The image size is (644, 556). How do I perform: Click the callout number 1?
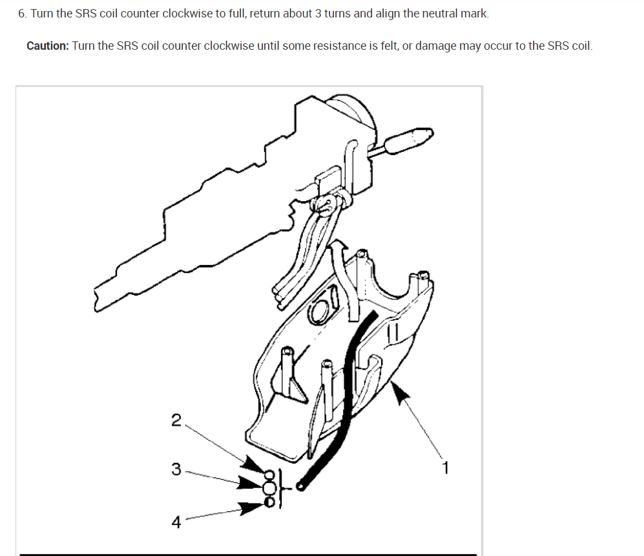(446, 467)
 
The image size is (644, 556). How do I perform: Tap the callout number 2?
(176, 420)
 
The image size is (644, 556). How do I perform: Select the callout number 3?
(176, 469)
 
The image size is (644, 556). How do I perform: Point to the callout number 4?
(176, 522)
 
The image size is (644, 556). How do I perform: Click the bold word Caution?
(48, 46)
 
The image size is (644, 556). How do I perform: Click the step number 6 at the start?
(22, 14)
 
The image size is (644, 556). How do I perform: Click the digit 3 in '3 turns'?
(318, 14)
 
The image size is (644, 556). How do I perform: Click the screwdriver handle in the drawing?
(410, 140)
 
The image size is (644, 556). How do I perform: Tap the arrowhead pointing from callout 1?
(399, 392)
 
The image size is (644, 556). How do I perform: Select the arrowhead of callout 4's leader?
(251, 508)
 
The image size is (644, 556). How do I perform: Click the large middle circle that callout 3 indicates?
(269, 487)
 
